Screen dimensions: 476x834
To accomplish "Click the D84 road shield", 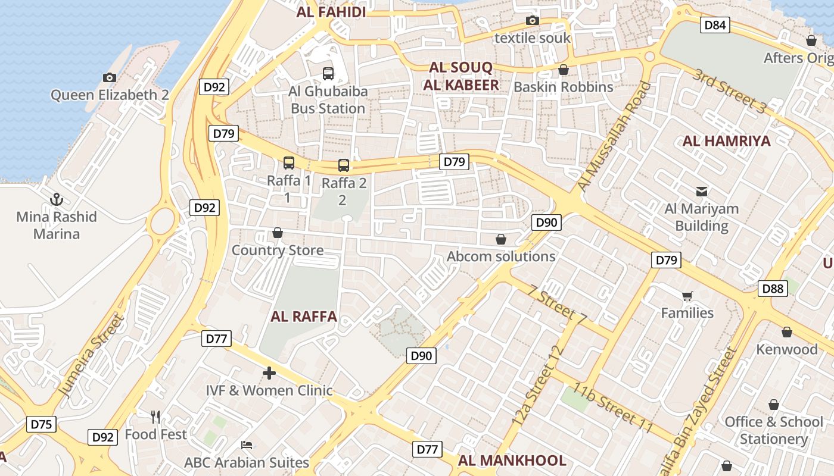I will [x=715, y=24].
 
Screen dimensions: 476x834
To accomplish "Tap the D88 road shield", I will [x=773, y=289].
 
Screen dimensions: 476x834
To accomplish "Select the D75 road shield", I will [x=41, y=424].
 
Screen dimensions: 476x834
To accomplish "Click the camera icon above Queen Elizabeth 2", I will [x=109, y=77].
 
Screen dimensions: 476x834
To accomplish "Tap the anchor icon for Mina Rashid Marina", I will [x=57, y=199].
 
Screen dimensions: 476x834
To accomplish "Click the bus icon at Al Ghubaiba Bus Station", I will [x=328, y=74].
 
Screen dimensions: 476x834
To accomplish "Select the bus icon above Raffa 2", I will [x=343, y=165].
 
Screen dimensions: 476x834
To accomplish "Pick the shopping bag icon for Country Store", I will [x=277, y=233].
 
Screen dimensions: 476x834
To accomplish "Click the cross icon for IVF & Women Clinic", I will [x=269, y=373].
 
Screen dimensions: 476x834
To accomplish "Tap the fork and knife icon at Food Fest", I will [x=155, y=416].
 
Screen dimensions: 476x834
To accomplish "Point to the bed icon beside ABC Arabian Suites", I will [x=247, y=445].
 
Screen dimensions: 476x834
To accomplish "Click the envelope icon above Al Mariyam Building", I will [x=702, y=192].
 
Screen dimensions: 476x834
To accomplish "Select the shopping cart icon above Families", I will [x=687, y=296].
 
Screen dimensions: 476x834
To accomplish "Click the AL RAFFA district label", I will [x=304, y=317].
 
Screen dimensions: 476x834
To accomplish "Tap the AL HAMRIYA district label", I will [x=726, y=141].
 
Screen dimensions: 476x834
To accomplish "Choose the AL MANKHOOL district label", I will [x=512, y=461].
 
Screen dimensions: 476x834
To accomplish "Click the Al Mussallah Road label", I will [x=614, y=137].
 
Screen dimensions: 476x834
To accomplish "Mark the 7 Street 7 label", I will [x=557, y=306].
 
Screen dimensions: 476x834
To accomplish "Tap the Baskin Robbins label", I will [x=563, y=87].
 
